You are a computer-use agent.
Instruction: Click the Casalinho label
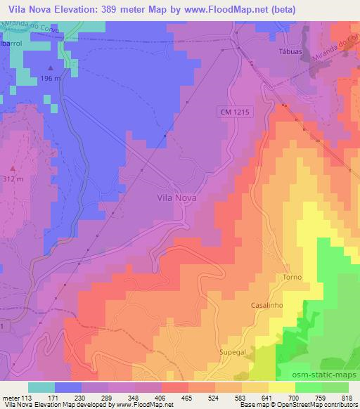tap(267, 306)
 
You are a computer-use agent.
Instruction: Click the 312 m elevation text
tap(14, 179)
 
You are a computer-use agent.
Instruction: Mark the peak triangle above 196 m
tap(50, 67)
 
